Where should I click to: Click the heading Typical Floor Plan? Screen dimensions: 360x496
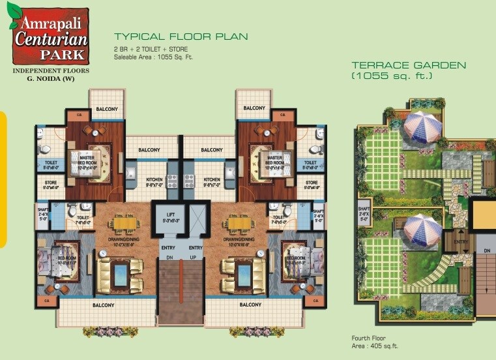coord(181,37)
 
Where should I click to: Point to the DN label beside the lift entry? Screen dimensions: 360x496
coord(168,258)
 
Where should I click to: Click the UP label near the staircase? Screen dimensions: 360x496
coord(194,258)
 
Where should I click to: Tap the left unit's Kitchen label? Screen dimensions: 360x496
coord(154,179)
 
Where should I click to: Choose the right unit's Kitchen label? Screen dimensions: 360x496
coord(212,179)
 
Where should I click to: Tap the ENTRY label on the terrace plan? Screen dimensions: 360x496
coord(461,242)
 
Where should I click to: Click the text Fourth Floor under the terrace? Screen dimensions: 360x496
coord(369,338)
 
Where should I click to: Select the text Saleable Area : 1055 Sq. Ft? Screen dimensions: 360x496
coord(154,57)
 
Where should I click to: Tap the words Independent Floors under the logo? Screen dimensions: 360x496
coord(50,70)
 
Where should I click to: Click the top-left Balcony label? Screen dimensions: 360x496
coord(107,109)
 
